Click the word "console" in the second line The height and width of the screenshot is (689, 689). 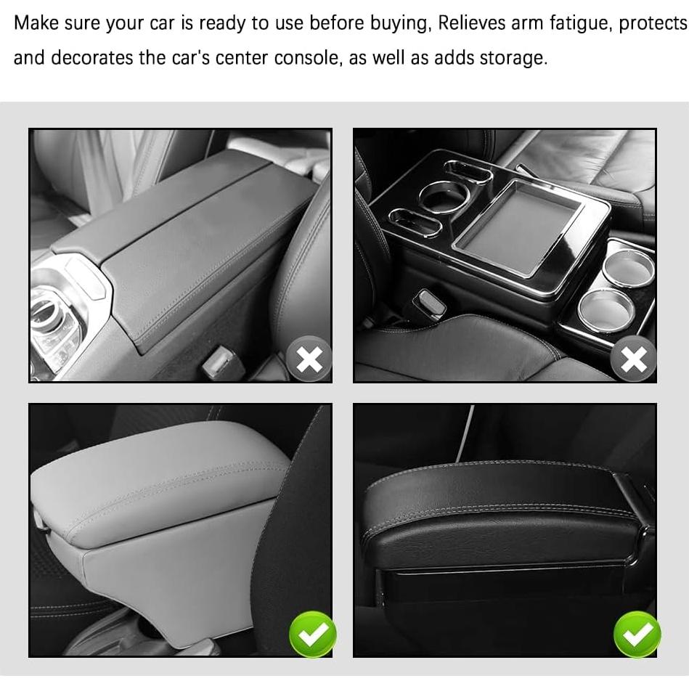[x=306, y=57]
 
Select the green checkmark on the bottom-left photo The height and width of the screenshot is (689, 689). [x=312, y=634]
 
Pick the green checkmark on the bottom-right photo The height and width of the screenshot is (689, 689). [x=637, y=634]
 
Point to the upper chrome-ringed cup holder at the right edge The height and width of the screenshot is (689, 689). [x=628, y=267]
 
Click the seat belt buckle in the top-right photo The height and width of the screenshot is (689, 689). [x=428, y=306]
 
